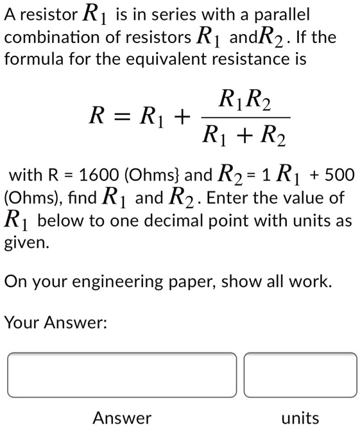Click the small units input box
pyautogui.click(x=300, y=375)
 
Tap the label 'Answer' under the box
pyautogui.click(x=122, y=418)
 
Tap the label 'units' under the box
pyautogui.click(x=300, y=418)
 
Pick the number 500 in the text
pyautogui.click(x=339, y=174)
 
